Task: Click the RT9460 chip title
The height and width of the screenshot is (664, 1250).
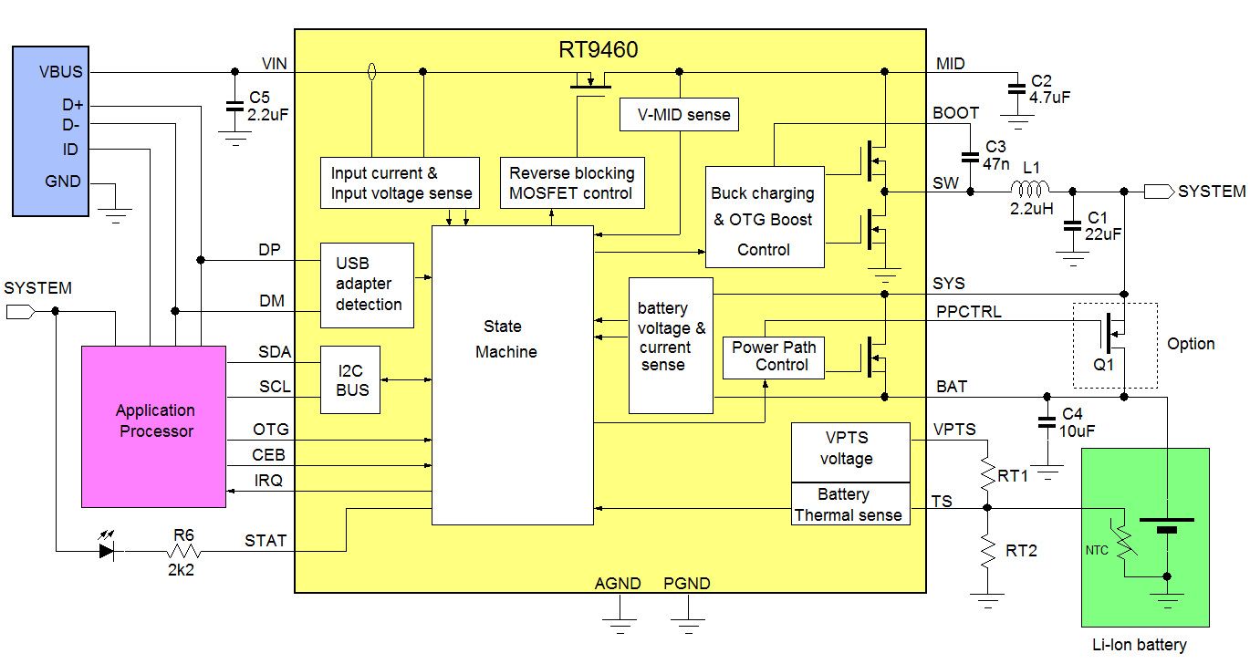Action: tap(599, 49)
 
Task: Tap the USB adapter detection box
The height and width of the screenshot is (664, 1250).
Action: tap(367, 285)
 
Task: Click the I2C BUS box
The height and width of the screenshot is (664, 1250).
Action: tap(350, 379)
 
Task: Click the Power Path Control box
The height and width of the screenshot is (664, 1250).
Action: tap(773, 357)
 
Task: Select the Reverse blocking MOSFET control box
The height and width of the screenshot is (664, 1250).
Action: tap(571, 182)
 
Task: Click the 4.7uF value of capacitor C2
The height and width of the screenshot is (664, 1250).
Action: tap(1049, 97)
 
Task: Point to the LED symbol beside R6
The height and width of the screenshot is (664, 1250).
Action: tap(110, 551)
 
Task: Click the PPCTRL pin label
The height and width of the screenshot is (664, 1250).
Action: tap(968, 312)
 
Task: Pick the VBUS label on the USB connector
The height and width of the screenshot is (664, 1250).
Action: tap(61, 71)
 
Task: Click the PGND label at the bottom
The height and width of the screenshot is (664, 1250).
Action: tap(686, 584)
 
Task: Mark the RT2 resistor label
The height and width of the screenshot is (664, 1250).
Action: tap(1021, 551)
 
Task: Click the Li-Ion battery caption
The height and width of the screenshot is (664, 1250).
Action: tap(1139, 645)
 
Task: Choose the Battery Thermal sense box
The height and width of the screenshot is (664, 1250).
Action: tap(849, 504)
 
